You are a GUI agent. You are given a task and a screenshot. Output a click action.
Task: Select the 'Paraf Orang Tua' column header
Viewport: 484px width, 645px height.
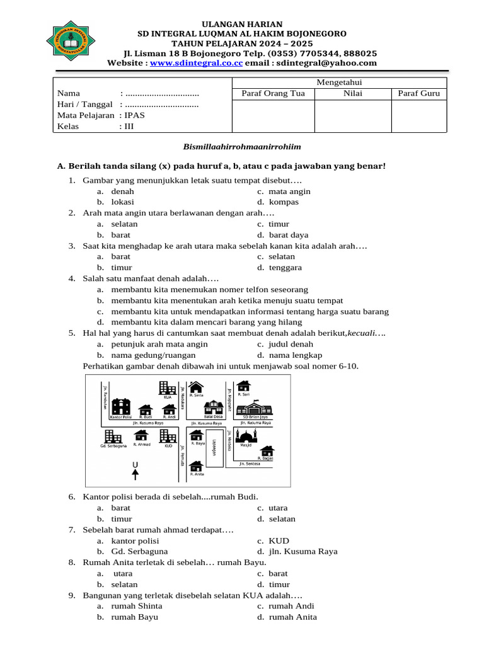tap(274, 94)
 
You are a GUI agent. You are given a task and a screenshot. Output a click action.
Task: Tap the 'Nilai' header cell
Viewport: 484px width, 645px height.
tap(353, 94)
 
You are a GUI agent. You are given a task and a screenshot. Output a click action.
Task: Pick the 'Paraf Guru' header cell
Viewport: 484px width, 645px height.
tap(419, 94)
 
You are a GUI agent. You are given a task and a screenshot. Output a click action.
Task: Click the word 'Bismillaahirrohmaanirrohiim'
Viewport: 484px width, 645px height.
tap(242, 147)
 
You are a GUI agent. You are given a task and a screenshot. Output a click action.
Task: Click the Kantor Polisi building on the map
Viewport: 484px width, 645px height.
tap(120, 407)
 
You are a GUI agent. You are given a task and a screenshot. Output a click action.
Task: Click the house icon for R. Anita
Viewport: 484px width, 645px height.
tap(196, 466)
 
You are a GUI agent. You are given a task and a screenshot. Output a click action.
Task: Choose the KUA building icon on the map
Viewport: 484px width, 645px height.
tap(168, 389)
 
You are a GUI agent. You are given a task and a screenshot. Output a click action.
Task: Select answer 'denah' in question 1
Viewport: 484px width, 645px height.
tap(122, 191)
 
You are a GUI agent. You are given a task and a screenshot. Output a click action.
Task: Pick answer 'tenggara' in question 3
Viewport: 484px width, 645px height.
tap(285, 268)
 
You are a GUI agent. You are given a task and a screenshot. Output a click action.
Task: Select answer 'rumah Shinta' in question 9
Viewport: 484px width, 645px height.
tap(136, 606)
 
